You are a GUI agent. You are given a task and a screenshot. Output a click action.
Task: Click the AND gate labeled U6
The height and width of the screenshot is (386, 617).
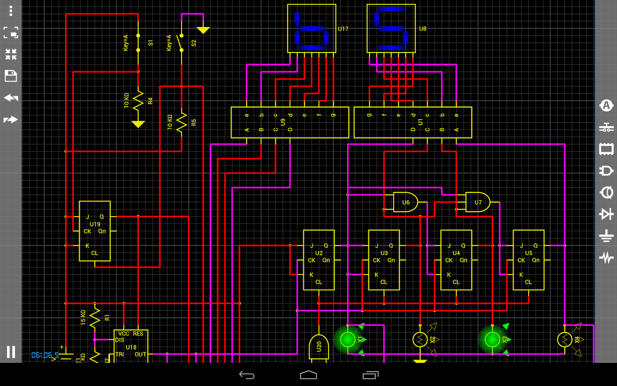point(405,202)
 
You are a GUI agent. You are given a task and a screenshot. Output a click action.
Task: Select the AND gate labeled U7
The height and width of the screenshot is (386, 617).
point(477,202)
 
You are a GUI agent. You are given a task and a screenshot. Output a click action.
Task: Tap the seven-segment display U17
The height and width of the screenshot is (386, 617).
point(311,28)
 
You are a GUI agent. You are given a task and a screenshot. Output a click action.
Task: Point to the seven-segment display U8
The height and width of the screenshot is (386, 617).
point(391,28)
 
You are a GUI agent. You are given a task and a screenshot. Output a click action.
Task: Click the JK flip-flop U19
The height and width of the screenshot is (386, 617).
point(95,231)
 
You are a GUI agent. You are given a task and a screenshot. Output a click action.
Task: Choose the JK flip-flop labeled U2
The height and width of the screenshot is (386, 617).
point(318,260)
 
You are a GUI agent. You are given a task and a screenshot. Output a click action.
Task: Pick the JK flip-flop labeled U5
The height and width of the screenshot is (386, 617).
point(528,260)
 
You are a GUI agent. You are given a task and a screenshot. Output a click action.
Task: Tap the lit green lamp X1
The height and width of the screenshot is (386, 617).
point(347,340)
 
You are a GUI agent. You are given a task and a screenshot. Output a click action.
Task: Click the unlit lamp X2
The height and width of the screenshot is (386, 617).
point(420,340)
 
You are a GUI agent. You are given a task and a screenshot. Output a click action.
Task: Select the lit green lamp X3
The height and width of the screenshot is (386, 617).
point(492,340)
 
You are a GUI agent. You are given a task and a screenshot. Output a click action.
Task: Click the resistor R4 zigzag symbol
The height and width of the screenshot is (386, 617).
point(138,101)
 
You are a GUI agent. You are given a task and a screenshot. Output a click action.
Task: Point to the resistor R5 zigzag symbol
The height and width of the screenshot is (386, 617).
point(182,123)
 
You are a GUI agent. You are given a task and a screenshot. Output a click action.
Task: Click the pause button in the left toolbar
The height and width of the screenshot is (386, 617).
point(11,352)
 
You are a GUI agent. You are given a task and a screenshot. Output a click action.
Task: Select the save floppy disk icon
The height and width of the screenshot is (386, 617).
point(11,76)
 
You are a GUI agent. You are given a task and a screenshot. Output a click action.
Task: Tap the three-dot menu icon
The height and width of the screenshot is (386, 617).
point(11,10)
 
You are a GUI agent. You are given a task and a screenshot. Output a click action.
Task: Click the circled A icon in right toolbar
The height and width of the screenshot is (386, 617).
point(606,106)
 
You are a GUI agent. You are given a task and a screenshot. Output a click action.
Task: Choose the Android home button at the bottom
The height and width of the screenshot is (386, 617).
point(308,375)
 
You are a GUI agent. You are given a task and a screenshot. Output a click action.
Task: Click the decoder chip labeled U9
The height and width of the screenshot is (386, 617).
point(290,122)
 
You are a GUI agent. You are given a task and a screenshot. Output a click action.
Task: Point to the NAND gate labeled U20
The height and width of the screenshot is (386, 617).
point(318,347)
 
